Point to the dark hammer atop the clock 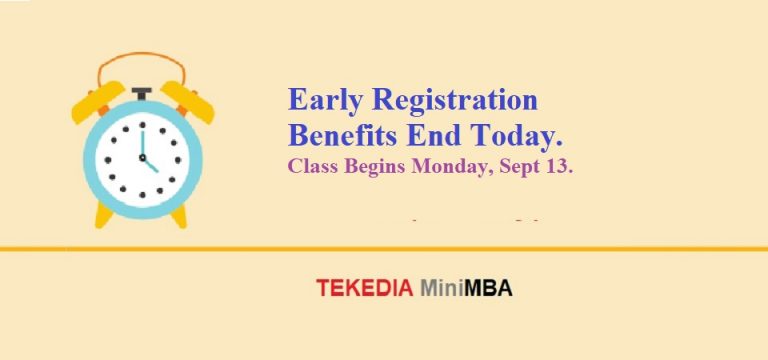pyautogui.click(x=141, y=93)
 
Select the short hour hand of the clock pyautogui.click(x=150, y=164)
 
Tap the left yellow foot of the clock pyautogui.click(x=103, y=215)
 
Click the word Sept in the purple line pyautogui.click(x=515, y=167)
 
